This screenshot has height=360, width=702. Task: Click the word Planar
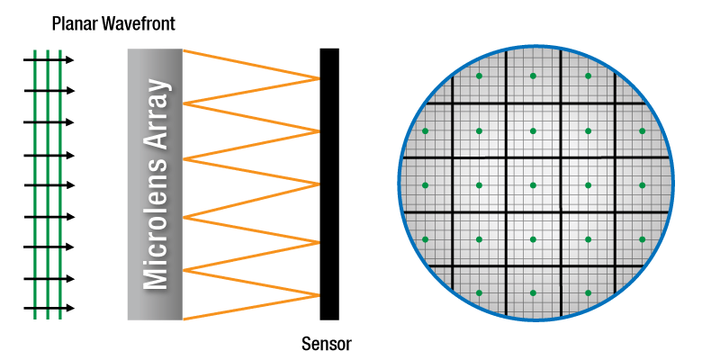tap(74, 23)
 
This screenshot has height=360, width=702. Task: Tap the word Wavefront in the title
tap(137, 23)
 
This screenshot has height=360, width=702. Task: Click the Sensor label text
tap(327, 345)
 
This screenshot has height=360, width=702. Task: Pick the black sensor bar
tap(329, 184)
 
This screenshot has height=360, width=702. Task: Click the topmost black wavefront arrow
tap(49, 59)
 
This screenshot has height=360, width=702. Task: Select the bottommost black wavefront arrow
tap(49, 308)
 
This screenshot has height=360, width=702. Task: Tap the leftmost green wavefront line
tap(35, 184)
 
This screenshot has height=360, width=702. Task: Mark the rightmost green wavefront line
tap(60, 184)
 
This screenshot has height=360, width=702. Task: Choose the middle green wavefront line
tap(48, 184)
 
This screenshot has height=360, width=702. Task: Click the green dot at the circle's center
tap(533, 185)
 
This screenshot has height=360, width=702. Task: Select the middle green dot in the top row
tap(533, 76)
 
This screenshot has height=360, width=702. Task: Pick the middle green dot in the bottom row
tap(533, 293)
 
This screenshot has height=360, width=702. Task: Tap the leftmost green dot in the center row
tap(426, 185)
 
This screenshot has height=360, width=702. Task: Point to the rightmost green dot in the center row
tap(643, 185)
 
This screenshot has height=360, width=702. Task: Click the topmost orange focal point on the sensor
tap(319, 79)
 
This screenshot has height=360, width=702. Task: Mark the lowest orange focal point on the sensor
tap(319, 295)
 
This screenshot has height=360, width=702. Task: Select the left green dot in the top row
tap(479, 76)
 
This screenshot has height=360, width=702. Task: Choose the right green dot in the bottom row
tap(589, 293)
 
